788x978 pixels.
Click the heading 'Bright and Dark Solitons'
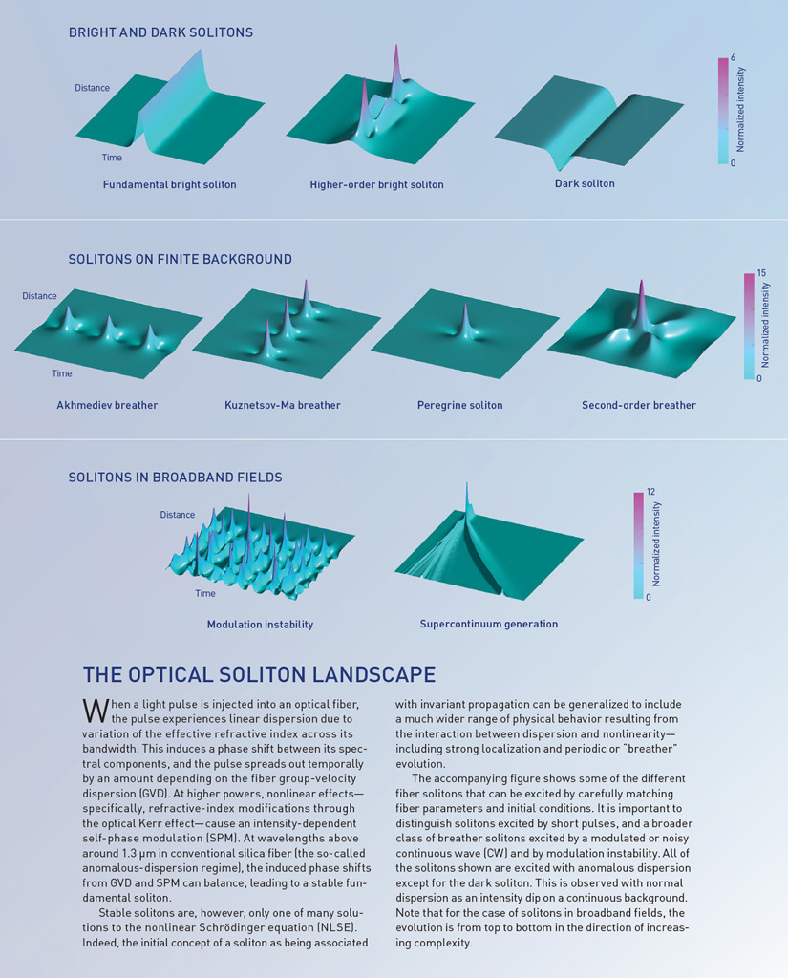160,32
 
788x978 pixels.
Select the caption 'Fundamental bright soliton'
170,183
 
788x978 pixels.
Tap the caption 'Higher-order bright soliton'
376,184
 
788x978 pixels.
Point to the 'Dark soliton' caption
585,183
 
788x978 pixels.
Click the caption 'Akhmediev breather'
107,405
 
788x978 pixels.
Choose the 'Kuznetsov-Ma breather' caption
276,405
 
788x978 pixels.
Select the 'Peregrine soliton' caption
459,405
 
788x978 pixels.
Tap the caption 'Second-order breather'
639,405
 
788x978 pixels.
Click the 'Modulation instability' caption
260,625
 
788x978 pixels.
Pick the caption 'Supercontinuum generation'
489,625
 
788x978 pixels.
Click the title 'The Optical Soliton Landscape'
259,674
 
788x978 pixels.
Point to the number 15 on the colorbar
761,273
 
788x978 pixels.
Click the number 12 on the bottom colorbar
650,491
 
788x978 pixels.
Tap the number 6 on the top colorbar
733,57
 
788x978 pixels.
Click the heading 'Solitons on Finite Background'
180,259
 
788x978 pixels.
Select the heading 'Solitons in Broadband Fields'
175,477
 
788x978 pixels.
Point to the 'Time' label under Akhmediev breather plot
61,373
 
